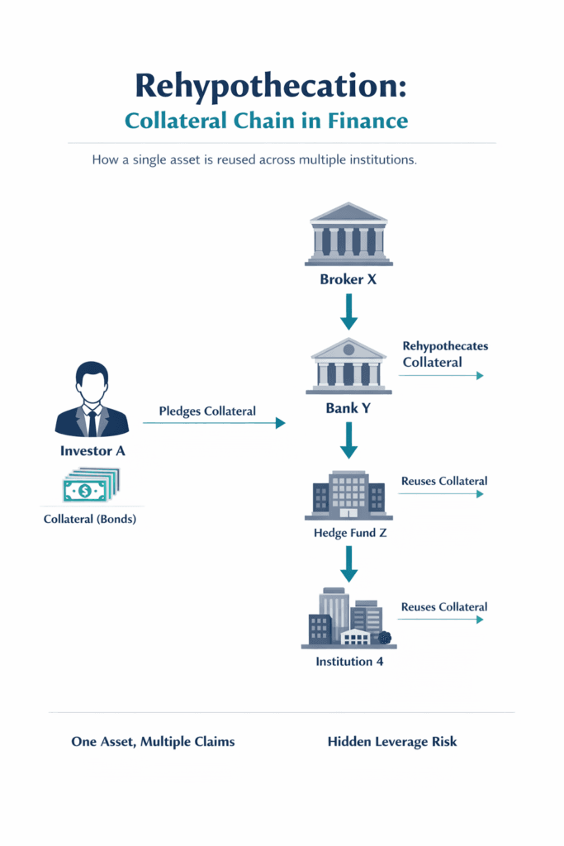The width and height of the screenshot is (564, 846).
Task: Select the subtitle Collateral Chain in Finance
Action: click(x=266, y=121)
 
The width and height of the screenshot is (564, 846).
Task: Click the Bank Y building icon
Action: click(x=348, y=366)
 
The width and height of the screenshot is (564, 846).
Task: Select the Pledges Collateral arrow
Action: click(x=214, y=423)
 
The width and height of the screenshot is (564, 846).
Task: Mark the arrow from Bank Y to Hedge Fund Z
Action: click(x=348, y=440)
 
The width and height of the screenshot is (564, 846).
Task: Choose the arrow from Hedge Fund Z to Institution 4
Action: click(x=348, y=564)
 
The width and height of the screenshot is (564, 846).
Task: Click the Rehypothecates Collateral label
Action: click(x=444, y=354)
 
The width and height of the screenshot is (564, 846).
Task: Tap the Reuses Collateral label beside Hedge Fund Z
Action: click(x=444, y=481)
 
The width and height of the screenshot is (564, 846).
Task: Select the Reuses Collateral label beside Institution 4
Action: click(x=444, y=607)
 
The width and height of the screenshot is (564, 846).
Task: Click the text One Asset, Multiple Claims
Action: click(x=153, y=742)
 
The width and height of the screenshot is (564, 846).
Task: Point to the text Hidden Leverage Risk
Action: click(x=392, y=742)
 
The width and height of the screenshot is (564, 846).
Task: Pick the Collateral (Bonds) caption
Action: click(x=92, y=520)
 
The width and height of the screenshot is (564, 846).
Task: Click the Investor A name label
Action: click(x=92, y=451)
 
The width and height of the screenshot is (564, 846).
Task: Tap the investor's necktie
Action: click(x=92, y=422)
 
